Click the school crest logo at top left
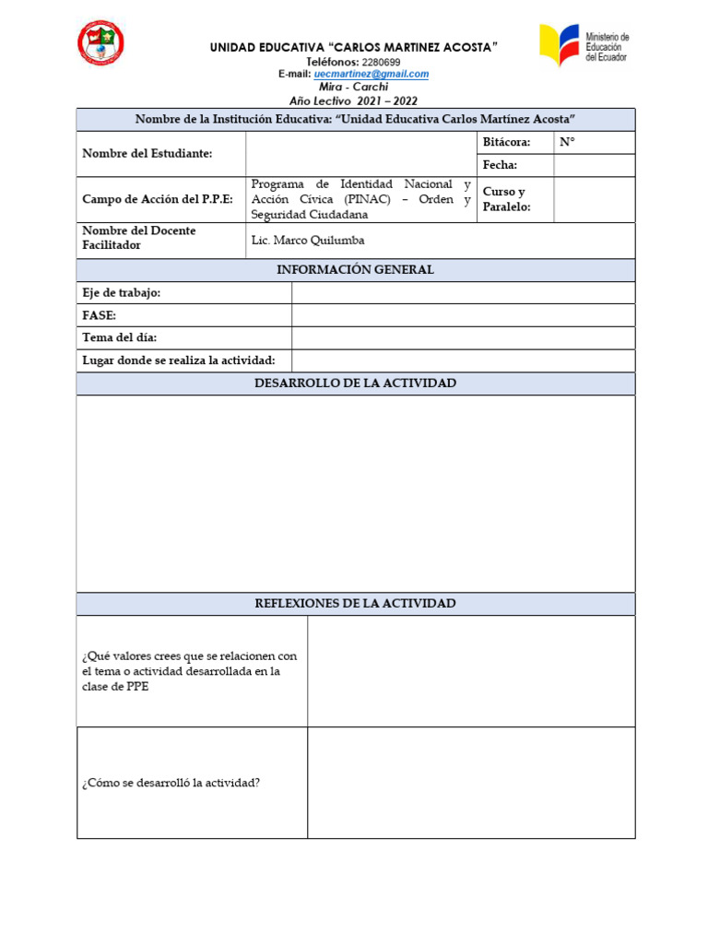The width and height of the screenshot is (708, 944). [100, 43]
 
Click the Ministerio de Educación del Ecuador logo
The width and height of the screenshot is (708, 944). [584, 45]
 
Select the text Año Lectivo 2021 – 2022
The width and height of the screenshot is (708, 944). [354, 100]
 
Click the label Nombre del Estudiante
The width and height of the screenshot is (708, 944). [147, 154]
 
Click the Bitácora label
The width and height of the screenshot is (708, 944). [506, 143]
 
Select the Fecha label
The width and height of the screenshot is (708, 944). [500, 165]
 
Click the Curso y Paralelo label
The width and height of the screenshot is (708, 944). [506, 199]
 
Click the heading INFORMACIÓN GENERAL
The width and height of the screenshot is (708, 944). [355, 270]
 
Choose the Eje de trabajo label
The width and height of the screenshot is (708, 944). [122, 293]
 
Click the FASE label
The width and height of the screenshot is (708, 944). [100, 315]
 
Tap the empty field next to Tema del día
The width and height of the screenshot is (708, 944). [463, 337]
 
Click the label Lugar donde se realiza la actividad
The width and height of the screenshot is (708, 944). [179, 360]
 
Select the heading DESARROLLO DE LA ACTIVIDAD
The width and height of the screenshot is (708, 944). [355, 383]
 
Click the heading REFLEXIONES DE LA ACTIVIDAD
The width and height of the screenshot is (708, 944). [355, 604]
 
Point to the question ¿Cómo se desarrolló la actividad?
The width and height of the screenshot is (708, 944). [171, 784]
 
